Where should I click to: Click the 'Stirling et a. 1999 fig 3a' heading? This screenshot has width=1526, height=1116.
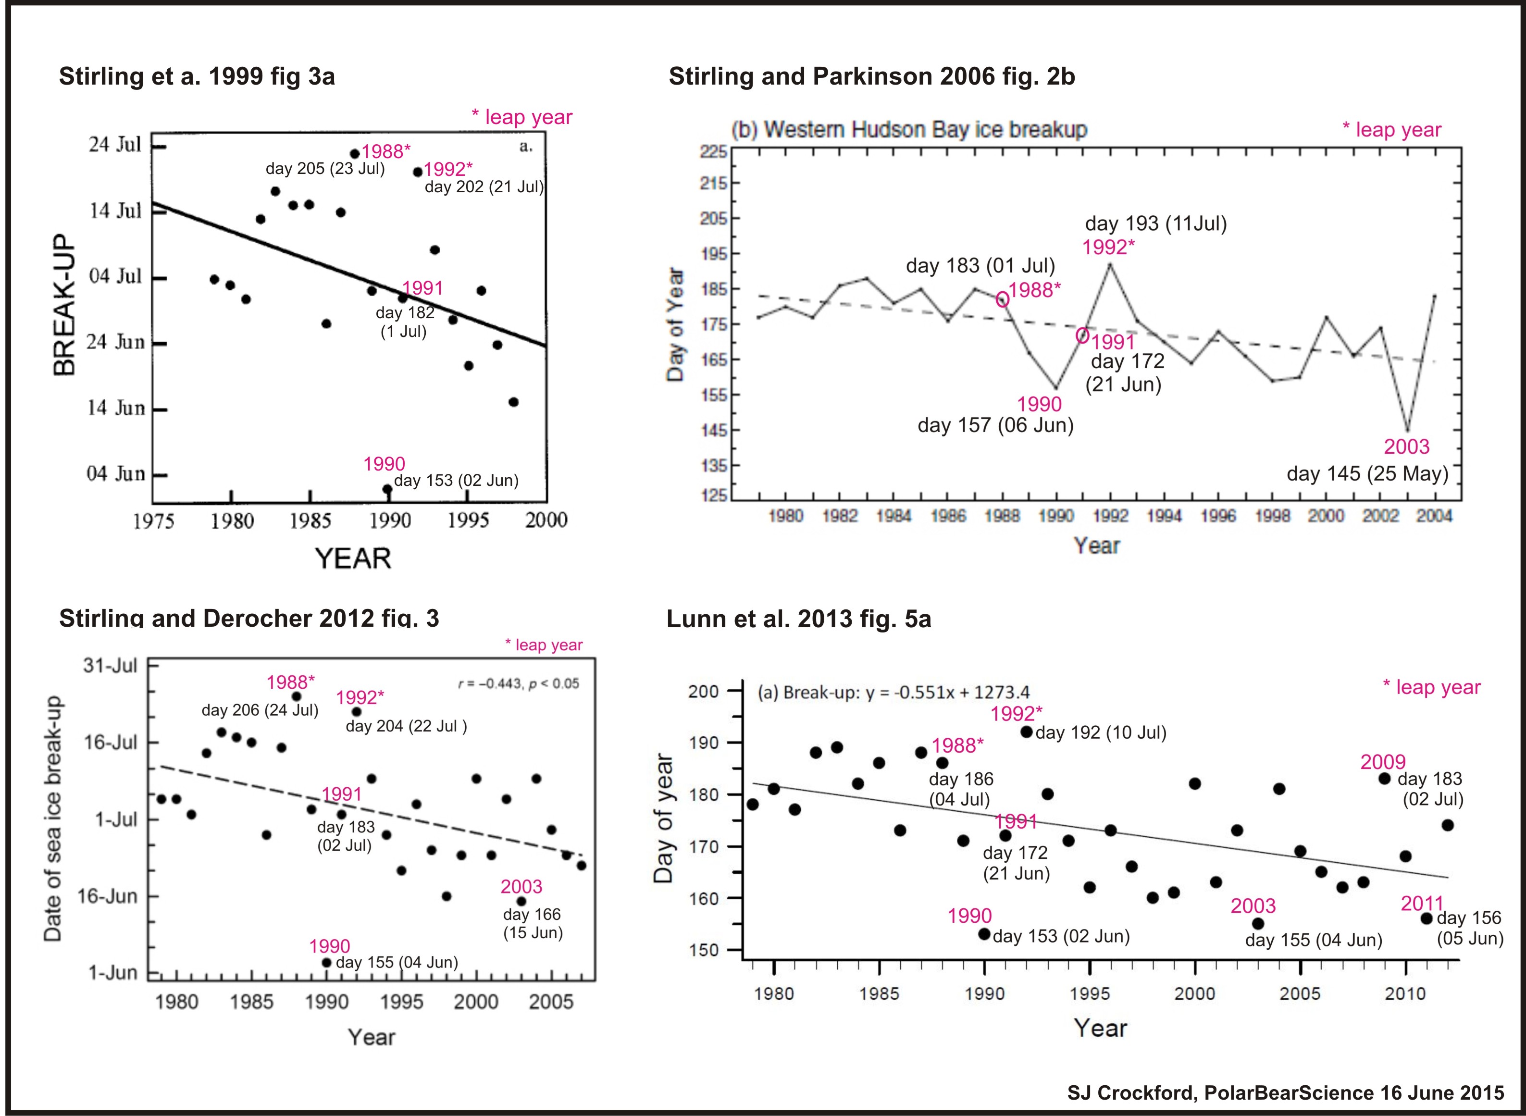[197, 76]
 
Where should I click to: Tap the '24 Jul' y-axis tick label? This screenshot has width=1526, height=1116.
[115, 145]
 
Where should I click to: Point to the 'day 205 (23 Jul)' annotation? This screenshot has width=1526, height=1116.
[325, 169]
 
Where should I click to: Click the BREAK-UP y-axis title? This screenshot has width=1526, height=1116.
[65, 305]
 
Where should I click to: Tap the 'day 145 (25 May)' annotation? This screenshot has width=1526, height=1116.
[1367, 473]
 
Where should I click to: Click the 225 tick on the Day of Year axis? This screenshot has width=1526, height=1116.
[713, 151]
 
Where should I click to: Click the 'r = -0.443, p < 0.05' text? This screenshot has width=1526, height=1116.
[518, 683]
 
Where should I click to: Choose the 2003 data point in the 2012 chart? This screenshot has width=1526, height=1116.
[521, 901]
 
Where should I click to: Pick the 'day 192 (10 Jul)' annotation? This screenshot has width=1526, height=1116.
[1101, 733]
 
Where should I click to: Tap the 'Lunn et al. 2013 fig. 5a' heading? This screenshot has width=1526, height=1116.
[798, 619]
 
